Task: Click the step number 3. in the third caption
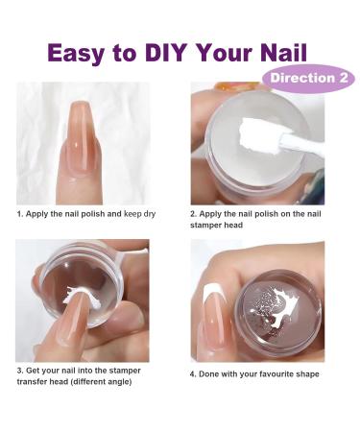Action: [20, 370]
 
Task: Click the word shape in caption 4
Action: [306, 374]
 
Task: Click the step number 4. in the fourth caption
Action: [194, 374]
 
